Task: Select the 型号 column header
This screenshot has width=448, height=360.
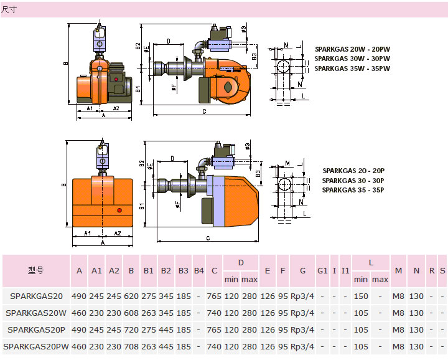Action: (x=36, y=271)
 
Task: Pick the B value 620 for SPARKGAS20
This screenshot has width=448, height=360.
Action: (x=131, y=296)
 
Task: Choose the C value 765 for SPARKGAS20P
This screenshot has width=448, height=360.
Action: (x=214, y=329)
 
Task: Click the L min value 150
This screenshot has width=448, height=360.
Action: (x=361, y=296)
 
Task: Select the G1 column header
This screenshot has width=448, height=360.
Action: (x=322, y=271)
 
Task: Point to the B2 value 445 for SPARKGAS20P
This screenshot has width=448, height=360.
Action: (x=166, y=329)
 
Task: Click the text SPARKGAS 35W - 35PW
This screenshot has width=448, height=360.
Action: (x=352, y=69)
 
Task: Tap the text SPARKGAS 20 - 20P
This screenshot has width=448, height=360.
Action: (x=353, y=170)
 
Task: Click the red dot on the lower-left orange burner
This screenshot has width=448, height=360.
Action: (x=118, y=211)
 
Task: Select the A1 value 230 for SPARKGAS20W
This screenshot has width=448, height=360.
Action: (x=96, y=313)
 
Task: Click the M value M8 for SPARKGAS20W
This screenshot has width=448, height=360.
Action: (x=398, y=313)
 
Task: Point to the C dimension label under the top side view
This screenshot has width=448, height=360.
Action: (x=204, y=111)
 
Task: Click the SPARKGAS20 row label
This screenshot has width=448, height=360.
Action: (x=36, y=296)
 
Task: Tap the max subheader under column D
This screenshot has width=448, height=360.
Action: (x=250, y=279)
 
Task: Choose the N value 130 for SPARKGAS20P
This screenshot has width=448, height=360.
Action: (x=416, y=329)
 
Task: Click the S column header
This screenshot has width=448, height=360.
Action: (x=442, y=271)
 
